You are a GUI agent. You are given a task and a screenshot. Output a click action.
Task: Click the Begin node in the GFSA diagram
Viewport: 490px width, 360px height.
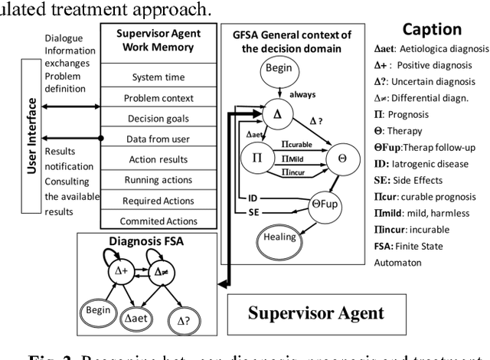[279, 68]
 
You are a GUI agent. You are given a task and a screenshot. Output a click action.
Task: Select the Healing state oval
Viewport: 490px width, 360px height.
[279, 237]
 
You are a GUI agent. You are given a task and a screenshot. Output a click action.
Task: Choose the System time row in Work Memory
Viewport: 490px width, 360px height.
[157, 77]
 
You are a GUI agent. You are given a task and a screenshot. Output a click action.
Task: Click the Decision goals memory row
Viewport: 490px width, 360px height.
[157, 119]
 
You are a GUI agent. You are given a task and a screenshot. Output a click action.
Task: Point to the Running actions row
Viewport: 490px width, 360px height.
[157, 180]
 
